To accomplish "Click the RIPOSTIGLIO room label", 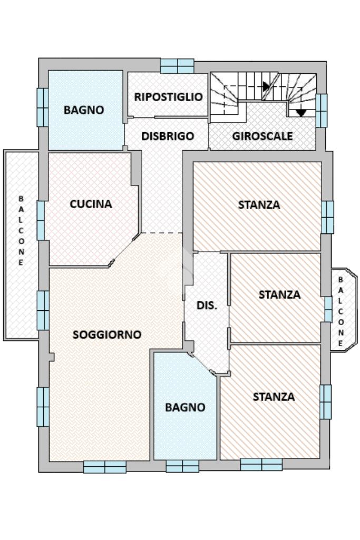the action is click(168, 97).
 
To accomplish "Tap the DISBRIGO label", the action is click(168, 136).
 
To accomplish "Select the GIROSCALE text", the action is click(262, 136).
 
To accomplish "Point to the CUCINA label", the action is click(91, 204).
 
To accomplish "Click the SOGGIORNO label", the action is click(107, 335).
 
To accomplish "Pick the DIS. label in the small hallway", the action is click(207, 305).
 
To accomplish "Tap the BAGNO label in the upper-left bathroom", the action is click(84, 110).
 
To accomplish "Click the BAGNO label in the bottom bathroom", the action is click(184, 407).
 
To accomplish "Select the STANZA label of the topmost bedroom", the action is click(259, 205).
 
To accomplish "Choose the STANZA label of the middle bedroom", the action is click(279, 294).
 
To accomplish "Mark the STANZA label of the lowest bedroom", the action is click(274, 397).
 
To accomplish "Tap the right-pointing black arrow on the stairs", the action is click(267, 86).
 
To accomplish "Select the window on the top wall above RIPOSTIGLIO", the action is click(177, 66).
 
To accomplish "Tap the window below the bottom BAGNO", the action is click(182, 466).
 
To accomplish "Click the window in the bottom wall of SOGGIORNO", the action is click(105, 467).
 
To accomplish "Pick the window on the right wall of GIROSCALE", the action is click(322, 111).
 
